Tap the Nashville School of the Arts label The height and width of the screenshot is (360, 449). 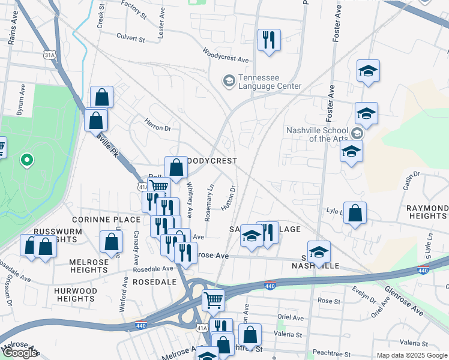[316, 134]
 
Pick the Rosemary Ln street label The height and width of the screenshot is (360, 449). [209, 203]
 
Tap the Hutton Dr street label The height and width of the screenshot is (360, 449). [228, 197]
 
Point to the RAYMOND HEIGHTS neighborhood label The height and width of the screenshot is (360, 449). [427, 212]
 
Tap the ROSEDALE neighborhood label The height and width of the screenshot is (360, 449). [154, 281]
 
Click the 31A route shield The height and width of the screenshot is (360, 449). [50, 55]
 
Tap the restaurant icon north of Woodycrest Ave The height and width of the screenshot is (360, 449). [268, 40]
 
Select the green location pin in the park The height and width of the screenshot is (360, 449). [26, 160]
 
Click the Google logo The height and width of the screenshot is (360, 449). [19, 353]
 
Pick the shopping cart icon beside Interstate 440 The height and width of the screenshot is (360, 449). [213, 299]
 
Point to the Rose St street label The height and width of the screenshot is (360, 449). [329, 300]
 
